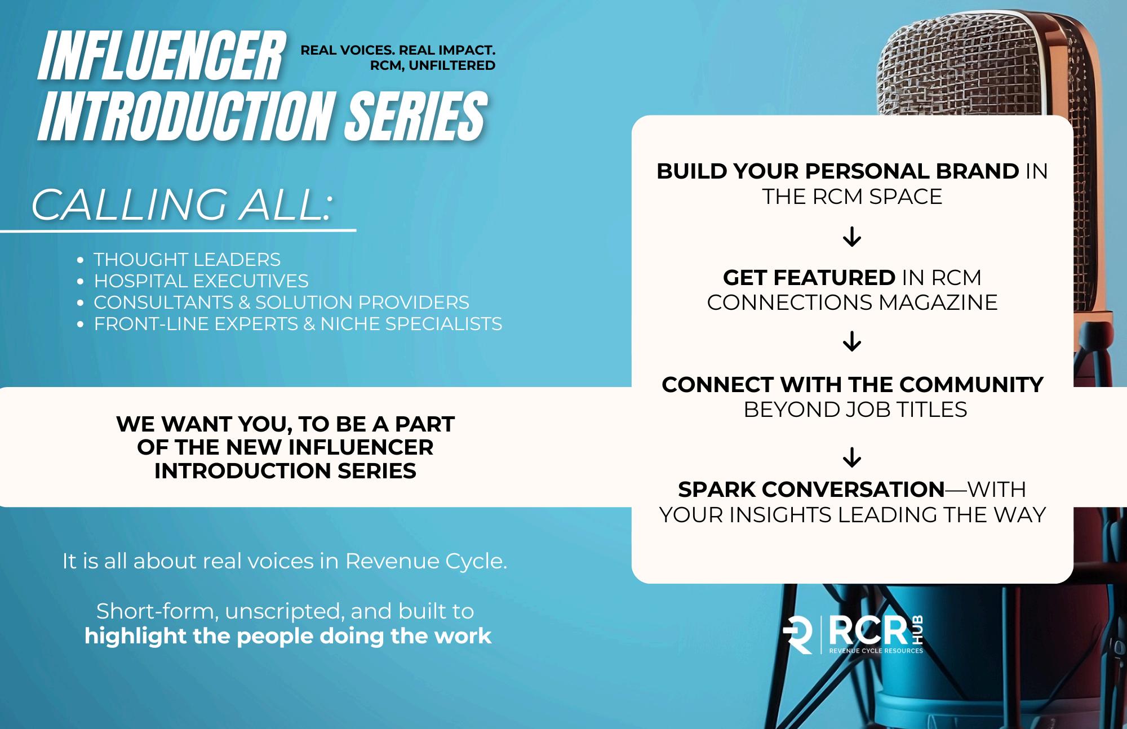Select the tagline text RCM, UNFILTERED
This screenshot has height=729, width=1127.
tap(432, 65)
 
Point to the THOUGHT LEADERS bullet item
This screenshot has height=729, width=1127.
tap(187, 260)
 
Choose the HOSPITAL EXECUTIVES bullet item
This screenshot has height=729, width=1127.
tap(201, 281)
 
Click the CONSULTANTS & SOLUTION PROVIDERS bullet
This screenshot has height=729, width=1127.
tap(281, 302)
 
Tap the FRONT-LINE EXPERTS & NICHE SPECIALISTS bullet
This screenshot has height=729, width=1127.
tap(298, 323)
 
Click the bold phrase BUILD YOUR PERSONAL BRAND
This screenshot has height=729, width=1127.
tap(837, 171)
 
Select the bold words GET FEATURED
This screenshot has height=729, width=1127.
tap(809, 278)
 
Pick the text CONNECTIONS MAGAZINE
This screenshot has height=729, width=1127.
tap(852, 303)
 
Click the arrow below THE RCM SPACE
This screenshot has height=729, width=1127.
tap(852, 237)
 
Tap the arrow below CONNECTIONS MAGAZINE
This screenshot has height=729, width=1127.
tap(852, 341)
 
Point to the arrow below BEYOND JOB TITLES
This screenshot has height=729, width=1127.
tap(852, 457)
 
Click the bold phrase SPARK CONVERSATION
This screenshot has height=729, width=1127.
tap(811, 490)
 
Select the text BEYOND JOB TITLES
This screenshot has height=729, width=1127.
tap(855, 410)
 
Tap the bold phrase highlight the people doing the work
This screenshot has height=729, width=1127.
tap(288, 636)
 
